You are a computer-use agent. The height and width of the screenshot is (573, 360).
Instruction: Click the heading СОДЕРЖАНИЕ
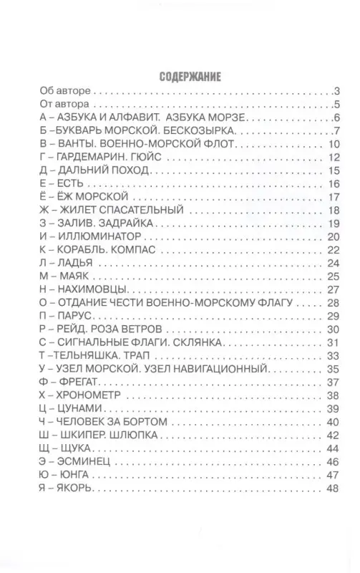click(x=180, y=76)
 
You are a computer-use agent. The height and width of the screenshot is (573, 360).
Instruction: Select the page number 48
click(x=332, y=488)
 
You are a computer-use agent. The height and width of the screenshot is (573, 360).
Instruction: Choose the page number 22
click(x=332, y=250)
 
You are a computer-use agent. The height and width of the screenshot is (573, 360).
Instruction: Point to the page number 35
click(x=332, y=369)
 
